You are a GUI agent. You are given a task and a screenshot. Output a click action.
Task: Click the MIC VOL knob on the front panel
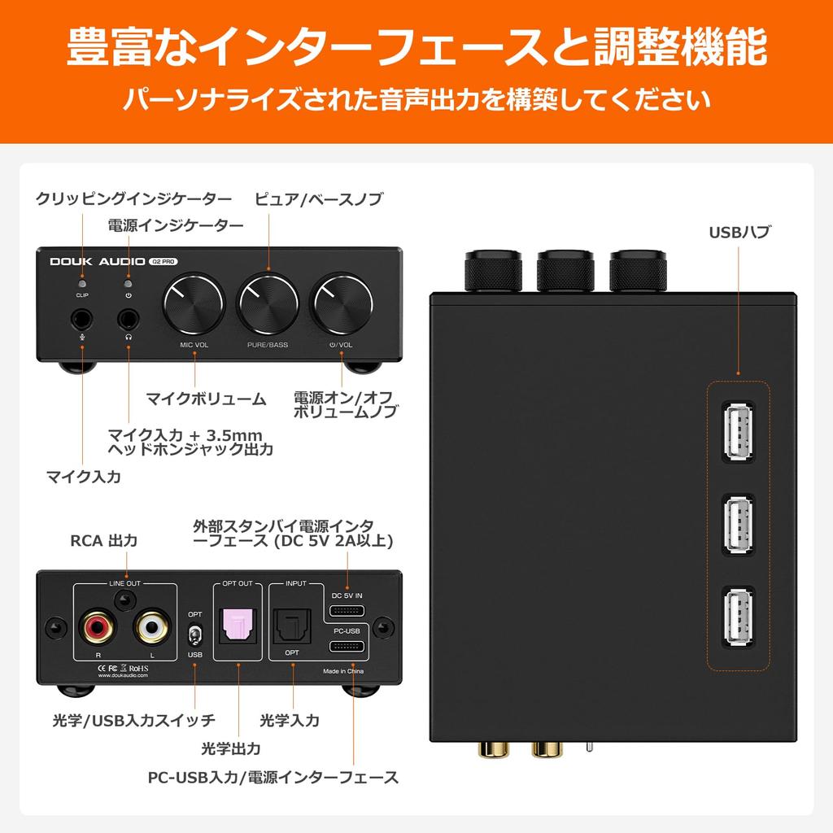tap(194, 307)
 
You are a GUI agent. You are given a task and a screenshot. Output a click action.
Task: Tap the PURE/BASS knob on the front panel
tap(267, 307)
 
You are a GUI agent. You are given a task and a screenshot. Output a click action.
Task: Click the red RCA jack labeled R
tap(97, 627)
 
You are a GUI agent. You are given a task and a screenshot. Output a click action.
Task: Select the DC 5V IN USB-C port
tap(347, 612)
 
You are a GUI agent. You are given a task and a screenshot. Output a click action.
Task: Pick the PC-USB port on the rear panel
tap(347, 647)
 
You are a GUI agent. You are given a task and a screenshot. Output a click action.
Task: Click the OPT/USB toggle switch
tap(194, 634)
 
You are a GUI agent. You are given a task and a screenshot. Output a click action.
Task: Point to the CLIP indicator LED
tap(82, 282)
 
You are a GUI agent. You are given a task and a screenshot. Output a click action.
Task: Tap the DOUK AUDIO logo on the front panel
tap(97, 262)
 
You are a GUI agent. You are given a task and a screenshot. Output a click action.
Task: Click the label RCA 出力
tap(103, 541)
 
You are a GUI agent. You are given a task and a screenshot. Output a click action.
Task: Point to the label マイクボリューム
tap(206, 399)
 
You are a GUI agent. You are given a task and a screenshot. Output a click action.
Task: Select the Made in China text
tap(343, 672)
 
